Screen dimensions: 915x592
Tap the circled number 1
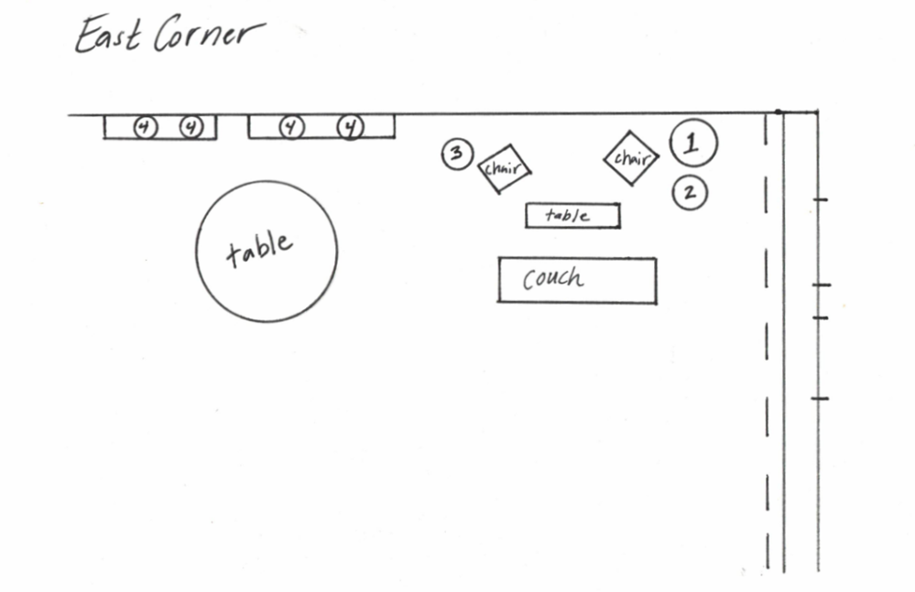click(x=693, y=143)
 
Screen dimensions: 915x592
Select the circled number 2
click(x=690, y=193)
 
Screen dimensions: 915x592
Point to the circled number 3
click(x=456, y=154)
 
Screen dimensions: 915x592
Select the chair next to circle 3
click(x=504, y=168)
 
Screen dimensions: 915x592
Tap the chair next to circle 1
click(x=631, y=158)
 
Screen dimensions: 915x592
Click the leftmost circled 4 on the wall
click(x=145, y=126)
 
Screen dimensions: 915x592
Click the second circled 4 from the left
click(x=191, y=126)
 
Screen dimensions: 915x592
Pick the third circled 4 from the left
click(x=290, y=126)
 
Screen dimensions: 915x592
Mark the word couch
click(x=552, y=278)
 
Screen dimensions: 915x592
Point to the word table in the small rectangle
click(x=568, y=216)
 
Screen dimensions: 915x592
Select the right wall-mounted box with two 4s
click(x=321, y=127)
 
